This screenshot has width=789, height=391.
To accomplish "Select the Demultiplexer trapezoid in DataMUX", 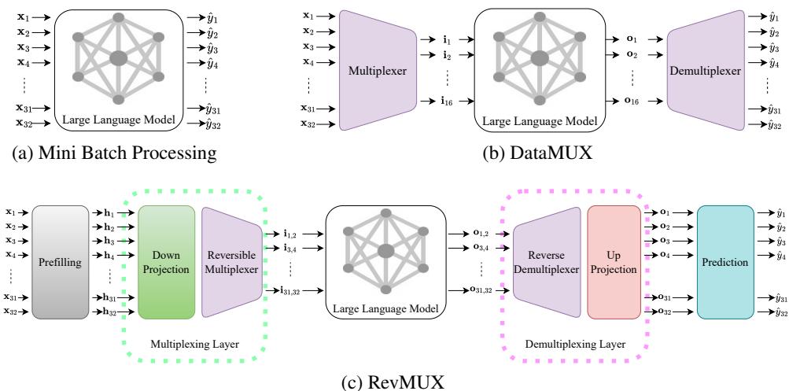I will click(x=704, y=71).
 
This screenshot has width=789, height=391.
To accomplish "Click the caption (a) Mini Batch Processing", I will click(x=110, y=154).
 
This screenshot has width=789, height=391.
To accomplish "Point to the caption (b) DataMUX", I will click(x=538, y=154).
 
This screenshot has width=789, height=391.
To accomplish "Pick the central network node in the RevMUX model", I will click(x=386, y=250).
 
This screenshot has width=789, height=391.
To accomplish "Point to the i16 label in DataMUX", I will click(x=426, y=101).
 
